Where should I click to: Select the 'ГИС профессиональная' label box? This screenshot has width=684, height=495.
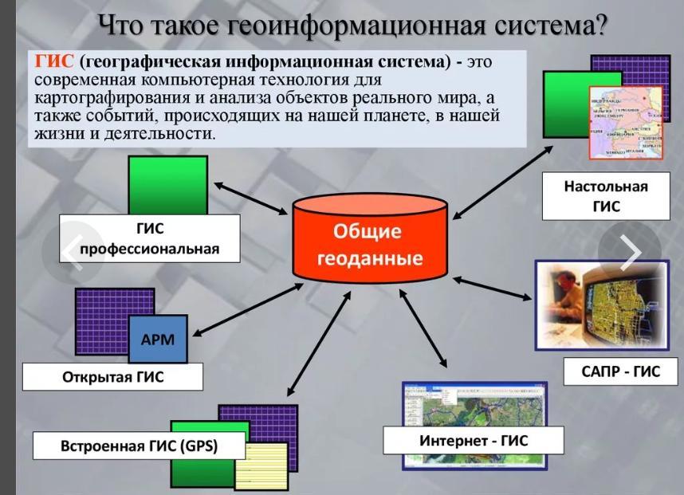click(149, 238)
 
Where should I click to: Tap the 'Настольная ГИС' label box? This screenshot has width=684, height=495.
click(605, 196)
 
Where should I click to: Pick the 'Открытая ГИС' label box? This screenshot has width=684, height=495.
click(112, 377)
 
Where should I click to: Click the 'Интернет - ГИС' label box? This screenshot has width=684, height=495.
click(474, 440)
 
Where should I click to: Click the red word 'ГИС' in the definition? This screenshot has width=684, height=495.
click(55, 61)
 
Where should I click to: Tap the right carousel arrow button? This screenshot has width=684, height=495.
click(631, 252)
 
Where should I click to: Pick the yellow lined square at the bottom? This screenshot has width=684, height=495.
click(261, 465)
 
